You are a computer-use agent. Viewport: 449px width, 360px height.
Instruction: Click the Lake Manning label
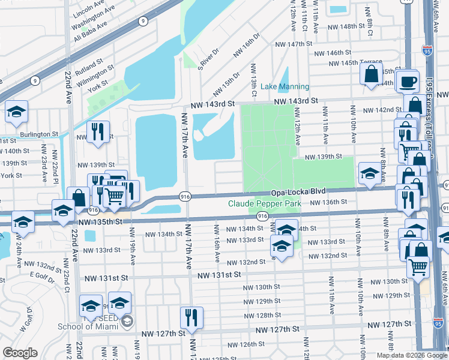(285, 87)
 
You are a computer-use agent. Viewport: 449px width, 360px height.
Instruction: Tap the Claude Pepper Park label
(264, 203)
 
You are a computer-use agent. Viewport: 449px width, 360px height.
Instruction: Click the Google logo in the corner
(20, 353)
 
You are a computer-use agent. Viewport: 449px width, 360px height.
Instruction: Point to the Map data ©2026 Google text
(411, 355)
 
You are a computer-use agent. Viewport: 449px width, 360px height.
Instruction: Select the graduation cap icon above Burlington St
(16, 111)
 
